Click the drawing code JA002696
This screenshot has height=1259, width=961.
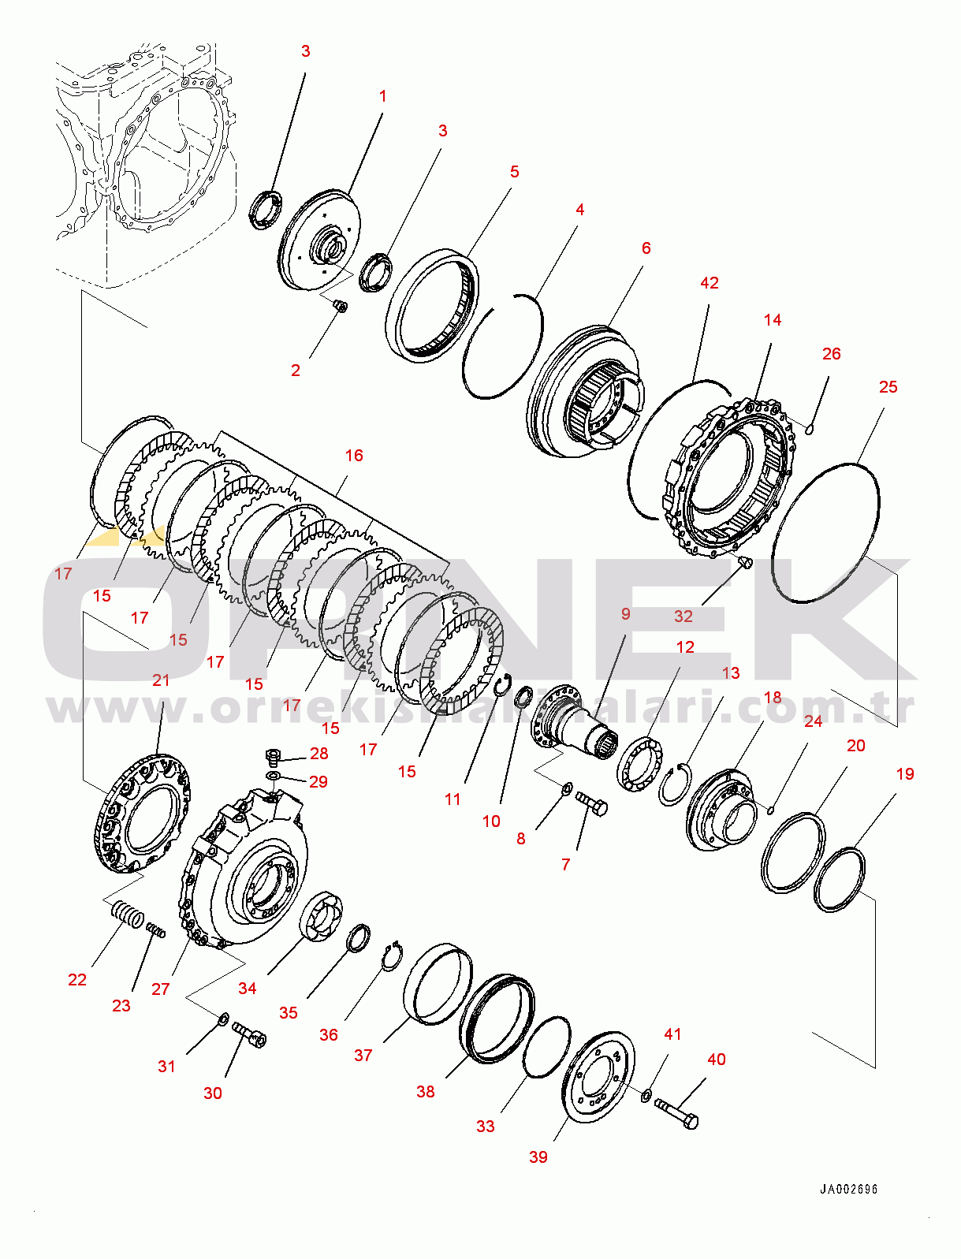click(x=848, y=1189)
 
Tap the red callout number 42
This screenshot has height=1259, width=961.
click(x=710, y=283)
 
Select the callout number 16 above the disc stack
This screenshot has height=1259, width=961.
click(x=354, y=455)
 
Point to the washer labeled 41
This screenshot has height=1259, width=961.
click(x=646, y=1093)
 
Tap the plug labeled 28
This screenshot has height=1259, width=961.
click(x=273, y=758)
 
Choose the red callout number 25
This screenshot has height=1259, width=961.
click(x=888, y=387)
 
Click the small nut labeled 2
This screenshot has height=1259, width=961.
click(x=339, y=307)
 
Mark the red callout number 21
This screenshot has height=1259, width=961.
click(x=161, y=680)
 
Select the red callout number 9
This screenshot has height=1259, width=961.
click(x=626, y=613)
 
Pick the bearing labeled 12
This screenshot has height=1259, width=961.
click(x=640, y=765)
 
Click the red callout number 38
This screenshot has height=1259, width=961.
click(x=425, y=1092)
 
